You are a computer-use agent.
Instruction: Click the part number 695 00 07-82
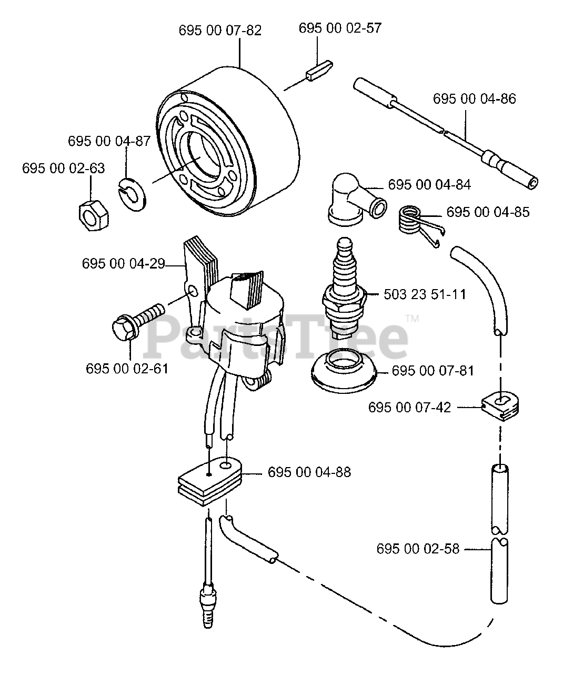pos(220,31)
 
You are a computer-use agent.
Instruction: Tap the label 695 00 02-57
pos(340,28)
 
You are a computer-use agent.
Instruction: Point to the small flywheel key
pos(319,71)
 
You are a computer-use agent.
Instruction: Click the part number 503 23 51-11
pos(425,294)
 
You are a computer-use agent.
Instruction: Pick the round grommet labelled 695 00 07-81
pos(344,371)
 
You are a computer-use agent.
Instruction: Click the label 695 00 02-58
pos(418,549)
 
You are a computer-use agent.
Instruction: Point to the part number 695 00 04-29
pos(123,264)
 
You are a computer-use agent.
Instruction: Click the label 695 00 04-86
pos(474,99)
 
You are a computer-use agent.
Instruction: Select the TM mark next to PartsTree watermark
pos(413,319)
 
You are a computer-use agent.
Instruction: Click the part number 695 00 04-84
pos(429,185)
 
